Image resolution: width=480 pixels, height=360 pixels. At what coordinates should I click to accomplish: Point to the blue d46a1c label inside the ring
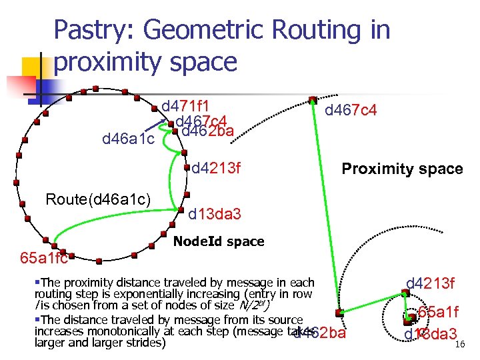(128, 139)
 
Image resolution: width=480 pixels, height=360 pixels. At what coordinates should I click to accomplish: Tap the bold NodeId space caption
(218, 241)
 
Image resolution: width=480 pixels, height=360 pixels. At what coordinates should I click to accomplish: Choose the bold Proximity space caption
(402, 169)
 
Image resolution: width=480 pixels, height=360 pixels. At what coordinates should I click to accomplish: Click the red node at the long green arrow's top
(313, 99)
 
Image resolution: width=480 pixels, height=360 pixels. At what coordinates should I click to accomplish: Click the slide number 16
(458, 345)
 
